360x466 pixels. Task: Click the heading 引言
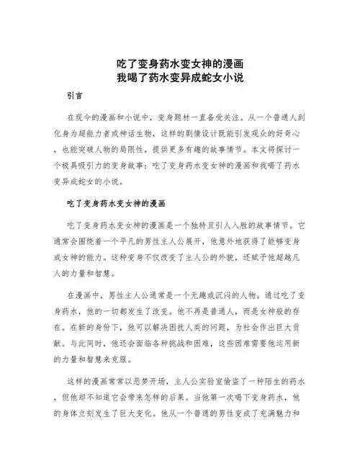tap(74, 95)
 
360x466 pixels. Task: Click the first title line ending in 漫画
tap(179, 64)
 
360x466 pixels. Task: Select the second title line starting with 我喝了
tap(179, 78)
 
